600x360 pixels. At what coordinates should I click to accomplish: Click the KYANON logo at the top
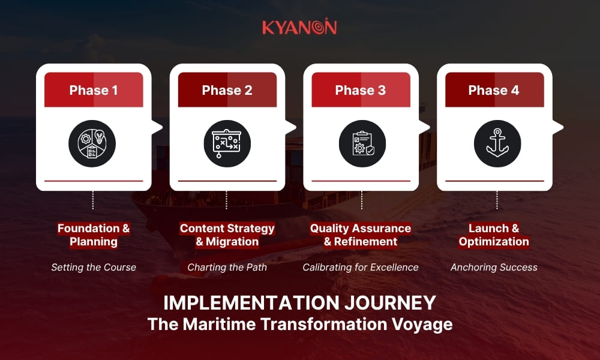[x=299, y=28]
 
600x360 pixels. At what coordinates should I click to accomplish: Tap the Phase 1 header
[x=94, y=90]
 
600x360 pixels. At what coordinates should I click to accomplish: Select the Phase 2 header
[x=227, y=90]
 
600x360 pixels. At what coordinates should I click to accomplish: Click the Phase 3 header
[x=361, y=90]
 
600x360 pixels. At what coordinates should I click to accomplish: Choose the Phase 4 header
[x=494, y=90]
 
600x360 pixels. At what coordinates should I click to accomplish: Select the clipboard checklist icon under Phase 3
[x=361, y=144]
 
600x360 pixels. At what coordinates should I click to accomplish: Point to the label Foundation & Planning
[x=94, y=235]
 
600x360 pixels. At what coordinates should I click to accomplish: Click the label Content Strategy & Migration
[x=227, y=235]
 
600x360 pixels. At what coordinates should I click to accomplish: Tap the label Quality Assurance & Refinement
[x=361, y=235]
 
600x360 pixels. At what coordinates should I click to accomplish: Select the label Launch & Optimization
[x=494, y=235]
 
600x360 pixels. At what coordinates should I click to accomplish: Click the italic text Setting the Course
[x=94, y=267]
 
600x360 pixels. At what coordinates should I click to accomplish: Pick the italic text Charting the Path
[x=227, y=267]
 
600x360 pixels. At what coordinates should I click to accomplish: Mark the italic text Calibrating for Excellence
[x=361, y=267]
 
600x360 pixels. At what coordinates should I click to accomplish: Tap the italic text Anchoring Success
[x=494, y=267]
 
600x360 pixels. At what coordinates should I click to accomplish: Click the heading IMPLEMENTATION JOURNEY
[x=300, y=303]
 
